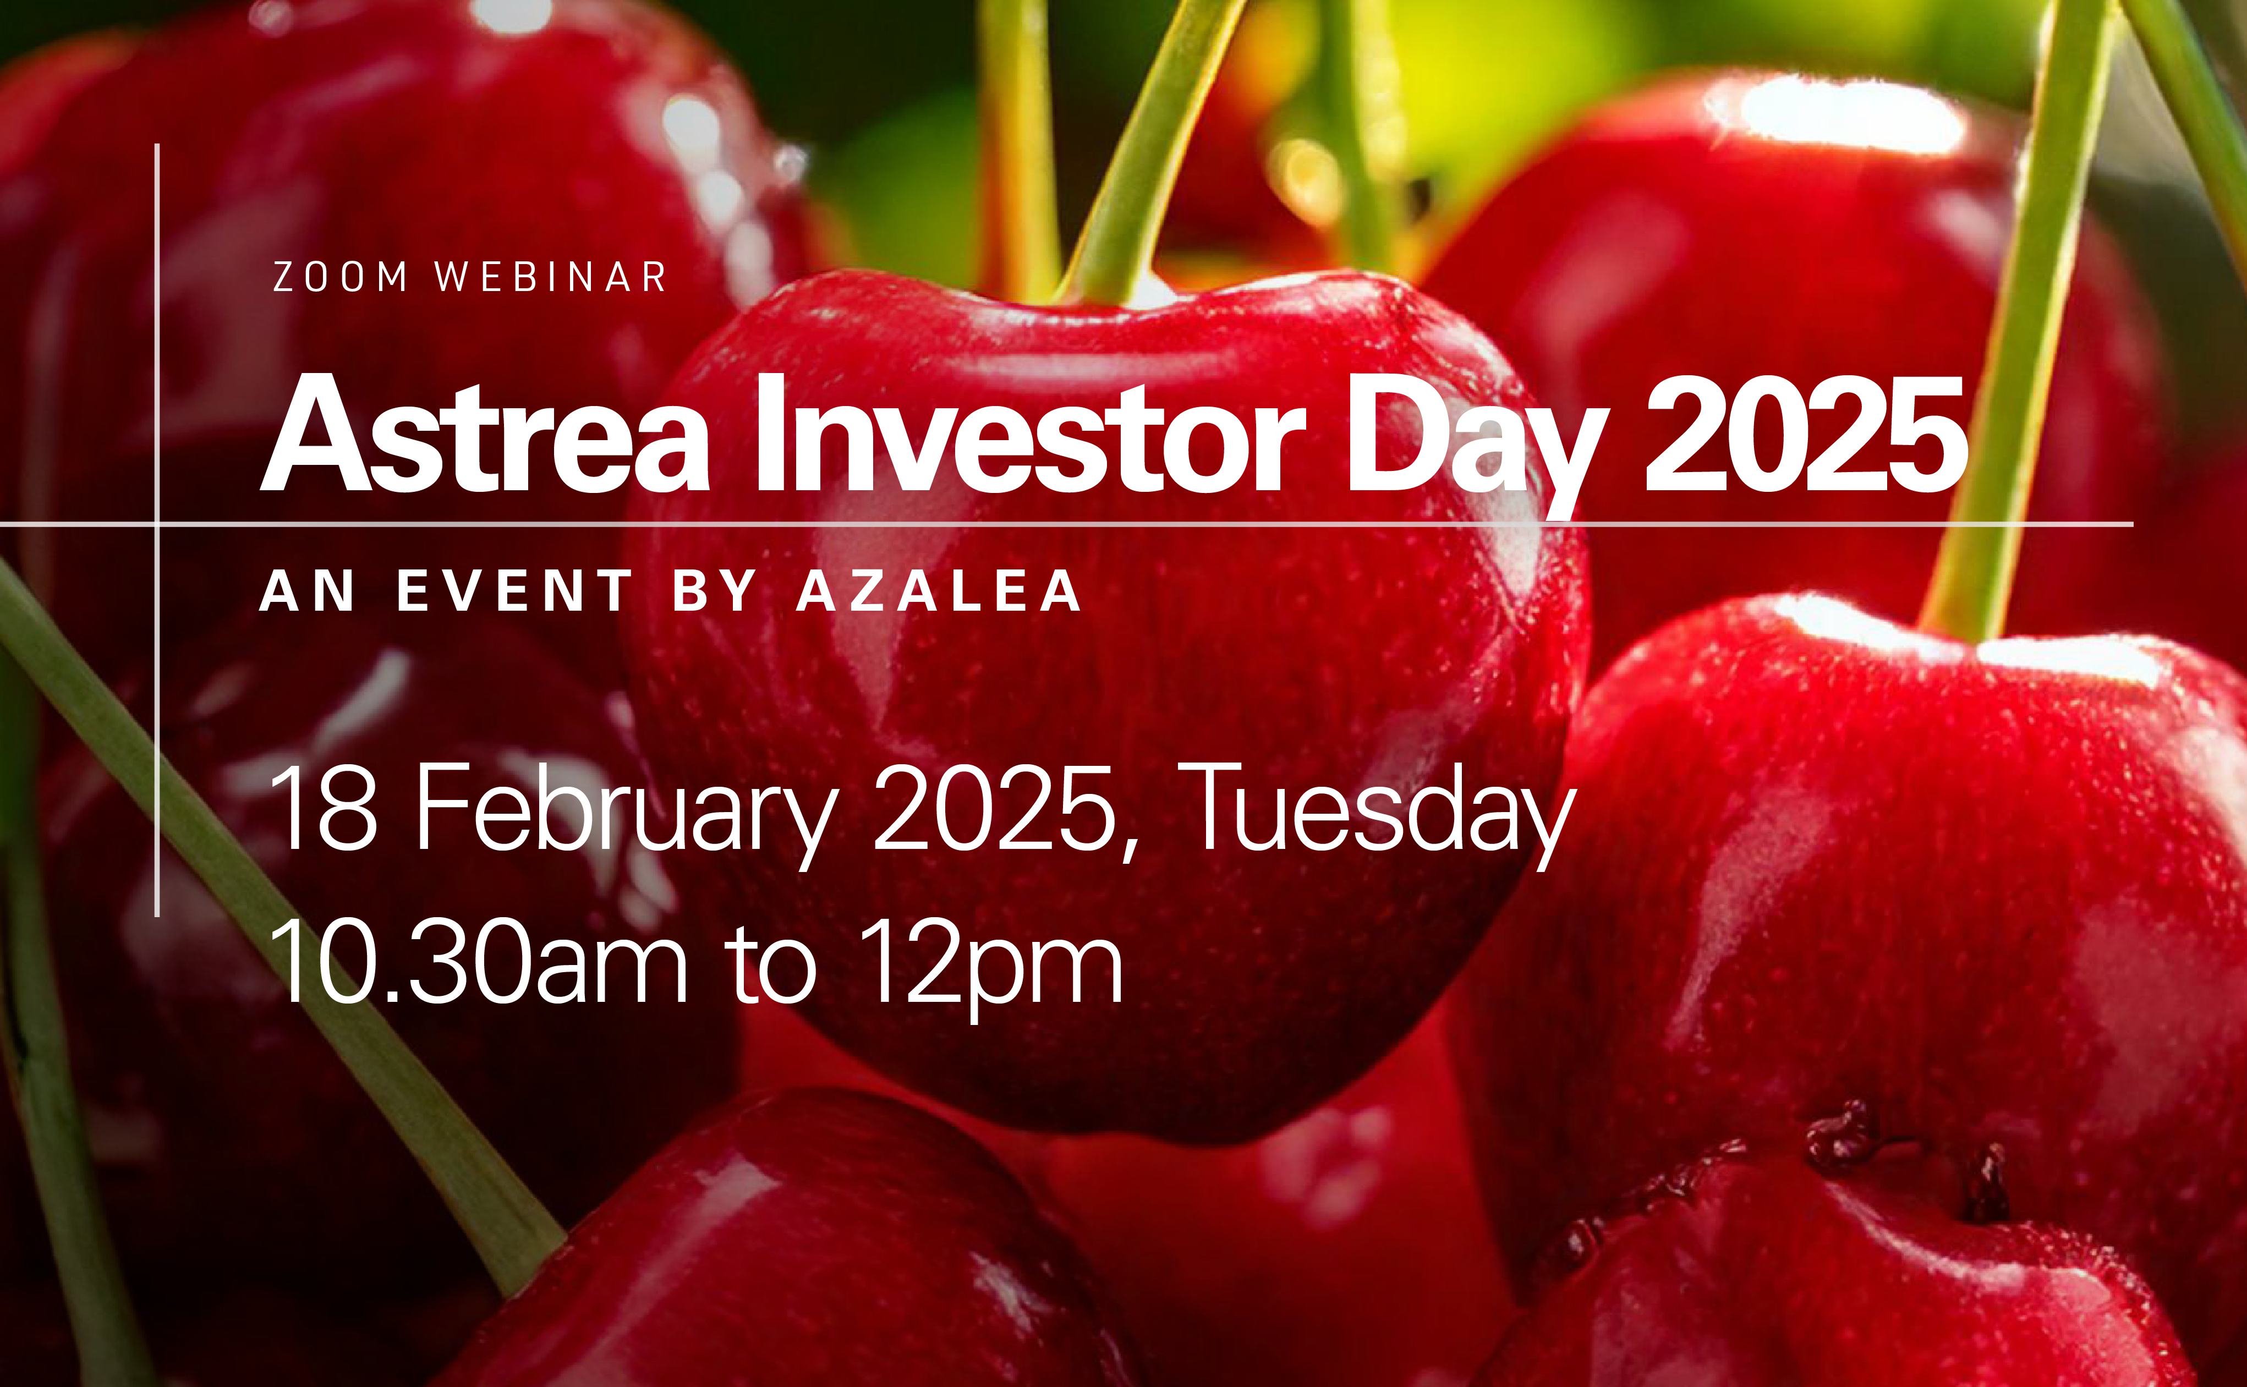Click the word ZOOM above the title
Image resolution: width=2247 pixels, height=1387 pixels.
[339, 277]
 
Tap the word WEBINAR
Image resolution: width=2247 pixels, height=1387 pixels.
[551, 277]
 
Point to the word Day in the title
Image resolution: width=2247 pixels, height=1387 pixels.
[1477, 446]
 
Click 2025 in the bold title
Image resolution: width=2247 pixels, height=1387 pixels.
[1806, 435]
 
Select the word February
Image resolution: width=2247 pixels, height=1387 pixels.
[627, 816]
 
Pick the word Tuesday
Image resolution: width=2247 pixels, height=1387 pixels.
[1375, 816]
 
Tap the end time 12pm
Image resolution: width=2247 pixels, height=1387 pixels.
[993, 971]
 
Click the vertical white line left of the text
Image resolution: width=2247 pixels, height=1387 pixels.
[157, 530]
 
